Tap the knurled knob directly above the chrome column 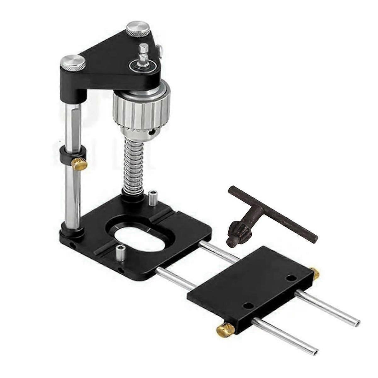tap(73, 62)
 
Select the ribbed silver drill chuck tap(141, 107)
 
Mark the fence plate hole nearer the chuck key tap(292, 278)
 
